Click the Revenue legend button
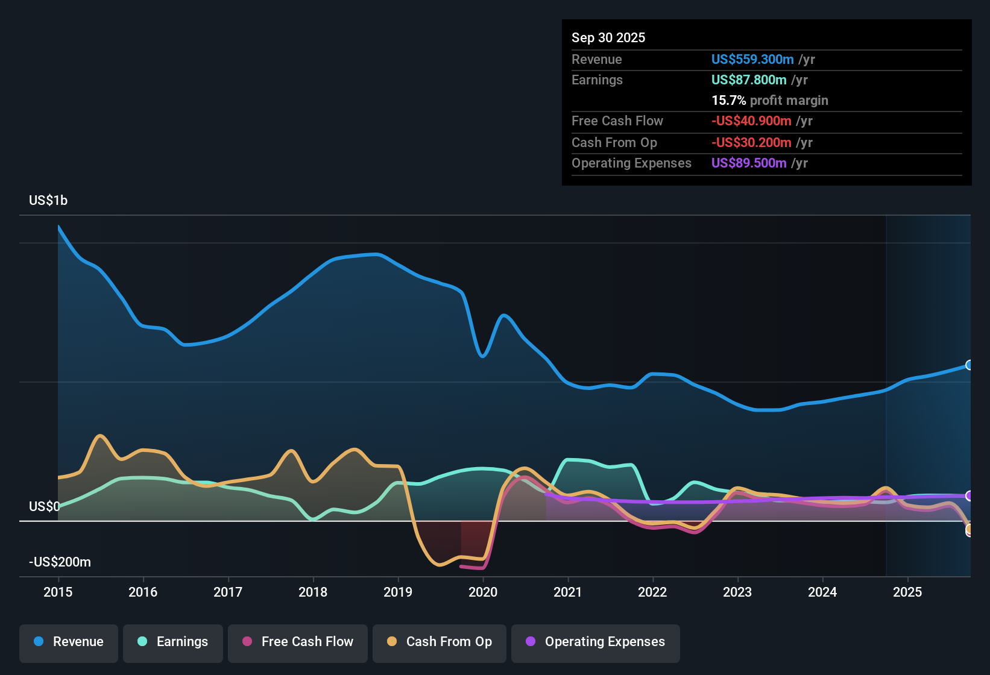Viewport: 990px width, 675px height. pos(69,642)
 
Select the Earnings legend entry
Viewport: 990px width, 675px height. pos(173,642)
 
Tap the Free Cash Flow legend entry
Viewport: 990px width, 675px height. pos(298,642)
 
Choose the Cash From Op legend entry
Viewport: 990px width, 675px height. pos(440,642)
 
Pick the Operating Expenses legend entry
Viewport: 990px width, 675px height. pos(596,642)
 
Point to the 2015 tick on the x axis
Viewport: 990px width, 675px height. pos(58,592)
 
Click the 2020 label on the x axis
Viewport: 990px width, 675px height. pos(483,592)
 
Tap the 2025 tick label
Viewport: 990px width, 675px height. pos(907,592)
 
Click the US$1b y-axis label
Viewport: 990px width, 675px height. pos(48,200)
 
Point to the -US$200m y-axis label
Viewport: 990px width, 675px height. pos(60,562)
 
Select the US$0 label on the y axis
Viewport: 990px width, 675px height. pos(45,506)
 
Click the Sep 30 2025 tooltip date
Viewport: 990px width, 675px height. pos(608,37)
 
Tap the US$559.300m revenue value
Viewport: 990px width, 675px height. pos(752,59)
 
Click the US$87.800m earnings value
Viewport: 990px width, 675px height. pos(748,80)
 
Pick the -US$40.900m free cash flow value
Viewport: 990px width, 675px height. pos(751,121)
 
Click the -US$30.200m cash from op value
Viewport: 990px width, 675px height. pos(751,142)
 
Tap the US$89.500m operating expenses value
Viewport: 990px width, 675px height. pos(748,163)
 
